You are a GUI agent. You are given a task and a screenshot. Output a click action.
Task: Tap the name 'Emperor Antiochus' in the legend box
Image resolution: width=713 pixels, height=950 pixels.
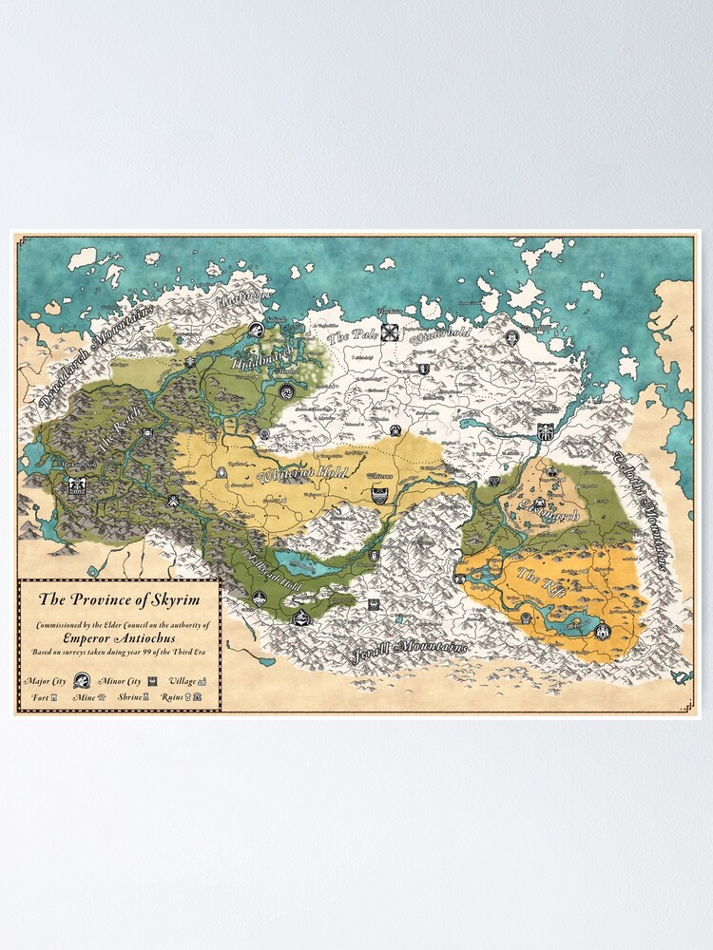pyautogui.click(x=120, y=638)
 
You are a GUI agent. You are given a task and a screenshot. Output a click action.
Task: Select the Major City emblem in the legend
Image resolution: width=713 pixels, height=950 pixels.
pyautogui.click(x=82, y=680)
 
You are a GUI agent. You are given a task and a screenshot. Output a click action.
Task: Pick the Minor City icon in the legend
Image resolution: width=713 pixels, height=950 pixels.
pyautogui.click(x=152, y=681)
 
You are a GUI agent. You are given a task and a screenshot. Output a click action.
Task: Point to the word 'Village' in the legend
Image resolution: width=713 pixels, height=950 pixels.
pyautogui.click(x=183, y=680)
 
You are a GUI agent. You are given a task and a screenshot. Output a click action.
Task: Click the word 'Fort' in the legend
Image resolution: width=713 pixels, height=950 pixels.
pyautogui.click(x=38, y=696)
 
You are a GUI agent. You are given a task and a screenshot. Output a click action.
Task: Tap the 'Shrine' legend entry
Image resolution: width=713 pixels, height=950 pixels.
pyautogui.click(x=129, y=696)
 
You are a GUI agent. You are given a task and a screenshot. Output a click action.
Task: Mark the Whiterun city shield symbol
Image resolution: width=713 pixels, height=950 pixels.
pyautogui.click(x=379, y=493)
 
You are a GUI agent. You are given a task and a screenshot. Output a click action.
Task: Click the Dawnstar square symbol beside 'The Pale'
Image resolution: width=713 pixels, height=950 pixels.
pyautogui.click(x=390, y=332)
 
